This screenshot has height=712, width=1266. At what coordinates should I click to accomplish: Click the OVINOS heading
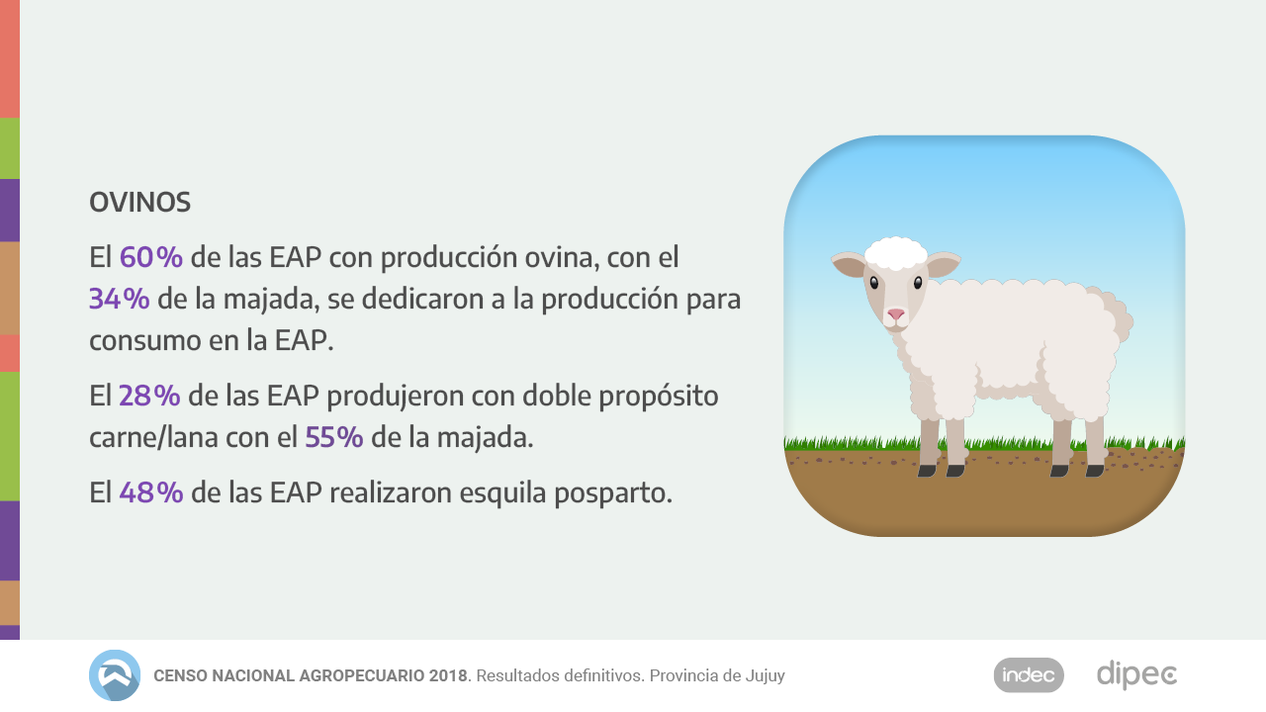tap(139, 203)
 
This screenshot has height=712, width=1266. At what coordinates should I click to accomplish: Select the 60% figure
tap(151, 257)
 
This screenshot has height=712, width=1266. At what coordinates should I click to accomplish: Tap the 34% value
tap(119, 299)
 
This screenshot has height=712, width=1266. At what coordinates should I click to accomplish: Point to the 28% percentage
tap(149, 396)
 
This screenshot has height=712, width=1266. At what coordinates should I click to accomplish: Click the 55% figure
tap(334, 437)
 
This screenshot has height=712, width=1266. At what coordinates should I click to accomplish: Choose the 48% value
tap(151, 491)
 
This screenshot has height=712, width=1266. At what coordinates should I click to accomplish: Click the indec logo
tap(1029, 675)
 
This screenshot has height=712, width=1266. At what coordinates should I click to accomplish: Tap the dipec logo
tap(1136, 675)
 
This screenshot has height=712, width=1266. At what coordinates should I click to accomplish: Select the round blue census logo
tap(115, 675)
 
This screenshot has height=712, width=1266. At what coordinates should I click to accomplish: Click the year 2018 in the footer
tap(448, 676)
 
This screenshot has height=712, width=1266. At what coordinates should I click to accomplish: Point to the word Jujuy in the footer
tap(764, 676)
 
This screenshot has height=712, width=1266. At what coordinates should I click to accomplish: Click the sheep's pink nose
tap(895, 314)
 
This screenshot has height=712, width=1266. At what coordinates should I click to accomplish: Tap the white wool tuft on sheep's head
tap(895, 253)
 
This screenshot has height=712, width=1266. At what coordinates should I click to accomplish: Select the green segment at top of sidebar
tap(9, 148)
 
